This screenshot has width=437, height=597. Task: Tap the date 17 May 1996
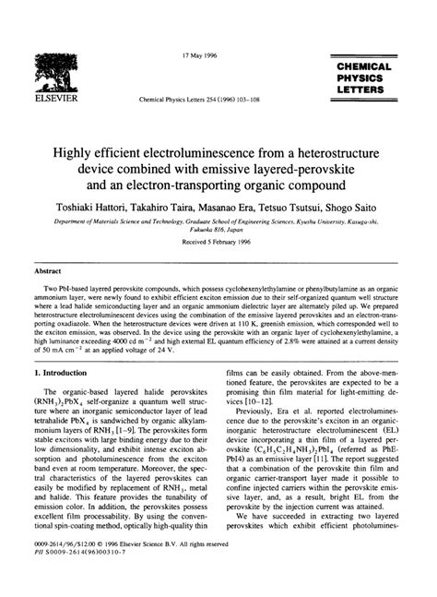pos(199,54)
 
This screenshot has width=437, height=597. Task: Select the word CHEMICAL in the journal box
pos(364,67)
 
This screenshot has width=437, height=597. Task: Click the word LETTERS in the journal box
pos(364,91)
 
